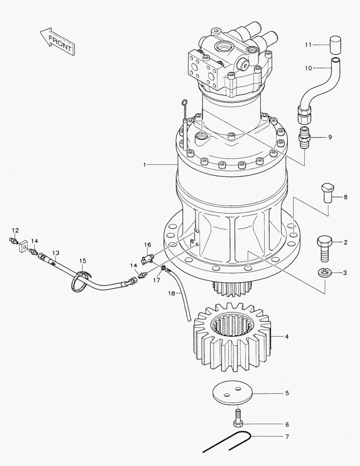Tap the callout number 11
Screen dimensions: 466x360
click(x=308, y=44)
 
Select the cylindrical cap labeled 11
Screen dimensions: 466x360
click(x=335, y=44)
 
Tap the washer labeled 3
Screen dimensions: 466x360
click(x=325, y=273)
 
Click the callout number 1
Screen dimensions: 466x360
click(x=145, y=165)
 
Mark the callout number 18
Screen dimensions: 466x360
click(x=172, y=293)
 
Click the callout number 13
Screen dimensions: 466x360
click(x=55, y=252)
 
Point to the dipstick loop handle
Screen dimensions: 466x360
click(x=184, y=102)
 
